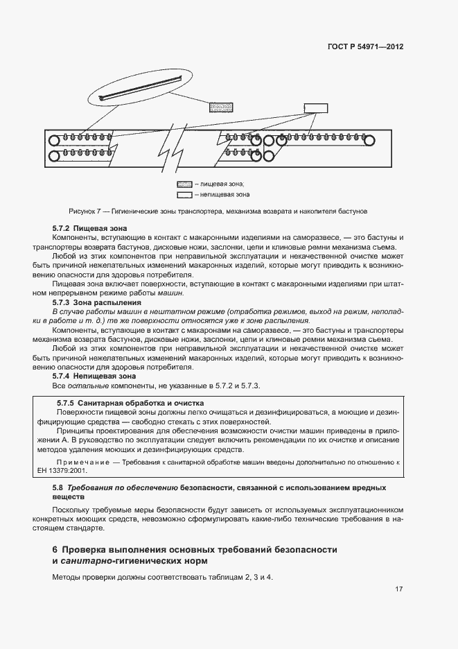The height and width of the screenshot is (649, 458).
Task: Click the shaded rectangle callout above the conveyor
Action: point(221,107)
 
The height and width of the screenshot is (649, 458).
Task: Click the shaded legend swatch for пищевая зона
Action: point(184,184)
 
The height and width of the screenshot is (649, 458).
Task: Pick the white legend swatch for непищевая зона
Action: point(184,195)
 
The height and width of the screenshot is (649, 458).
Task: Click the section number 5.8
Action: point(58,488)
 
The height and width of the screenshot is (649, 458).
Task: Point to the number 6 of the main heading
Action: point(55,549)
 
